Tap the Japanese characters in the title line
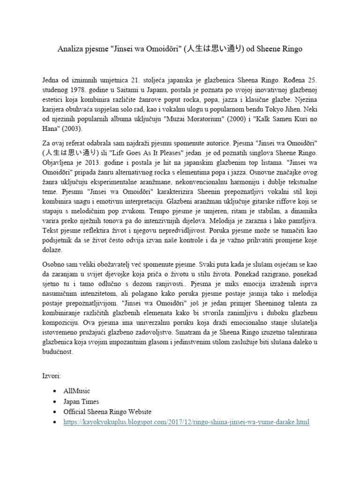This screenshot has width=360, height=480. point(218,49)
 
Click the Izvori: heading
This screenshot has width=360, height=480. point(52,376)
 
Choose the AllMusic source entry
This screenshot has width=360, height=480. point(77,391)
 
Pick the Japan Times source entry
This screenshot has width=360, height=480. point(81,402)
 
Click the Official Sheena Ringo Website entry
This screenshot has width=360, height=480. point(107,412)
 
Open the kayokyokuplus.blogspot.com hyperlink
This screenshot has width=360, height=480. point(186,422)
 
